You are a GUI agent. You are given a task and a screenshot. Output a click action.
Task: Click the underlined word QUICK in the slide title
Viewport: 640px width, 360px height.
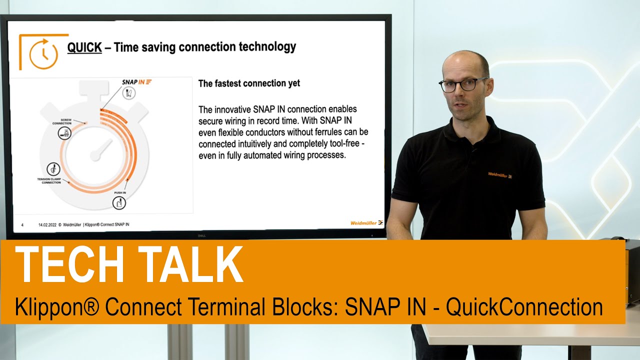84,47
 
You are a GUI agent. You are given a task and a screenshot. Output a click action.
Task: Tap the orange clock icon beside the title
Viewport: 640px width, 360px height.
43,53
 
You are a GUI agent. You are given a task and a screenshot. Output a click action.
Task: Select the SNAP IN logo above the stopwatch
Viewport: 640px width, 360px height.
136,81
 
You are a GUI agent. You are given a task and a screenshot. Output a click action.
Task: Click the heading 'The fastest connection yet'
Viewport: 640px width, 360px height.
249,83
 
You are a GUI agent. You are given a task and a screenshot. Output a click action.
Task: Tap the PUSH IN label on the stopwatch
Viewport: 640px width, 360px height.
118,192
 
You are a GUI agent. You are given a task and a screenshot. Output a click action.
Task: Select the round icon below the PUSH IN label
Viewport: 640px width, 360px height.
119,203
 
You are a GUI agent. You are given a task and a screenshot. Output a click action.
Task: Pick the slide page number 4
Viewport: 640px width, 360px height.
22,225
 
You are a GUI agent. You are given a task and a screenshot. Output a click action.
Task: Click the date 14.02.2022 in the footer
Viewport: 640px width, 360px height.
46,225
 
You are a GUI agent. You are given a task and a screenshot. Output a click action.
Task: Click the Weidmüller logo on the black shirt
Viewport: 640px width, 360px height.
500,175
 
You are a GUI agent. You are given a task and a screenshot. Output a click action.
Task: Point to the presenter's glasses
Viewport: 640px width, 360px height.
463,84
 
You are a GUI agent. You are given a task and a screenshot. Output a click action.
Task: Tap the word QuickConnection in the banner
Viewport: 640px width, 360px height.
524,306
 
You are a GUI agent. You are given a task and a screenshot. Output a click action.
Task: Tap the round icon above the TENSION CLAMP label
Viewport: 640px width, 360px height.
51,168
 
